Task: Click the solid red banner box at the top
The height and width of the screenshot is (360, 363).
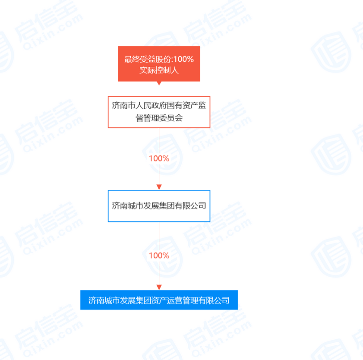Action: click(159, 64)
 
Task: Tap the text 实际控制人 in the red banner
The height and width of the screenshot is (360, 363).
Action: click(159, 70)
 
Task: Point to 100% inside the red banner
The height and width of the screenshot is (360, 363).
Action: click(183, 59)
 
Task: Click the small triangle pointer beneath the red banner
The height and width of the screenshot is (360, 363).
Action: click(159, 83)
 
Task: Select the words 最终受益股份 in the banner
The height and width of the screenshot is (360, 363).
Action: click(148, 59)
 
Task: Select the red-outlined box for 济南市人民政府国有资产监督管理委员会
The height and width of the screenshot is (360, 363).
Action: click(159, 112)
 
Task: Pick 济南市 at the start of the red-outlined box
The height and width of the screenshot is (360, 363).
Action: click(123, 106)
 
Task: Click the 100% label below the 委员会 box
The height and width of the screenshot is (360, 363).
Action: click(159, 158)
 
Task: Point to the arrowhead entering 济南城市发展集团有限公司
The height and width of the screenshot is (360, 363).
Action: click(159, 187)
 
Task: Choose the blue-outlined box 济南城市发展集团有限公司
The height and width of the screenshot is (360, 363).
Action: click(159, 206)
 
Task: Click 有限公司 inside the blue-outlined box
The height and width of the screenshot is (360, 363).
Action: click(190, 206)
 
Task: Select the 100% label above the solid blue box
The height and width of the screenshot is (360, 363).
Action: click(159, 256)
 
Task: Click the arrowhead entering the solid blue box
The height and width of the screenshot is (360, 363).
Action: click(159, 287)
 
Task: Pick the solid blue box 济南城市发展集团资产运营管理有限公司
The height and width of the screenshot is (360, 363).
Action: click(159, 300)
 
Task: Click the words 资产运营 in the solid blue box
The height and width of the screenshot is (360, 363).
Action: click(167, 300)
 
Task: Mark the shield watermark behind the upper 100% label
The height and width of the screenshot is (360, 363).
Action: click(163, 155)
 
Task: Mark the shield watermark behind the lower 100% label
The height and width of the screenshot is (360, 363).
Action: click(163, 257)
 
